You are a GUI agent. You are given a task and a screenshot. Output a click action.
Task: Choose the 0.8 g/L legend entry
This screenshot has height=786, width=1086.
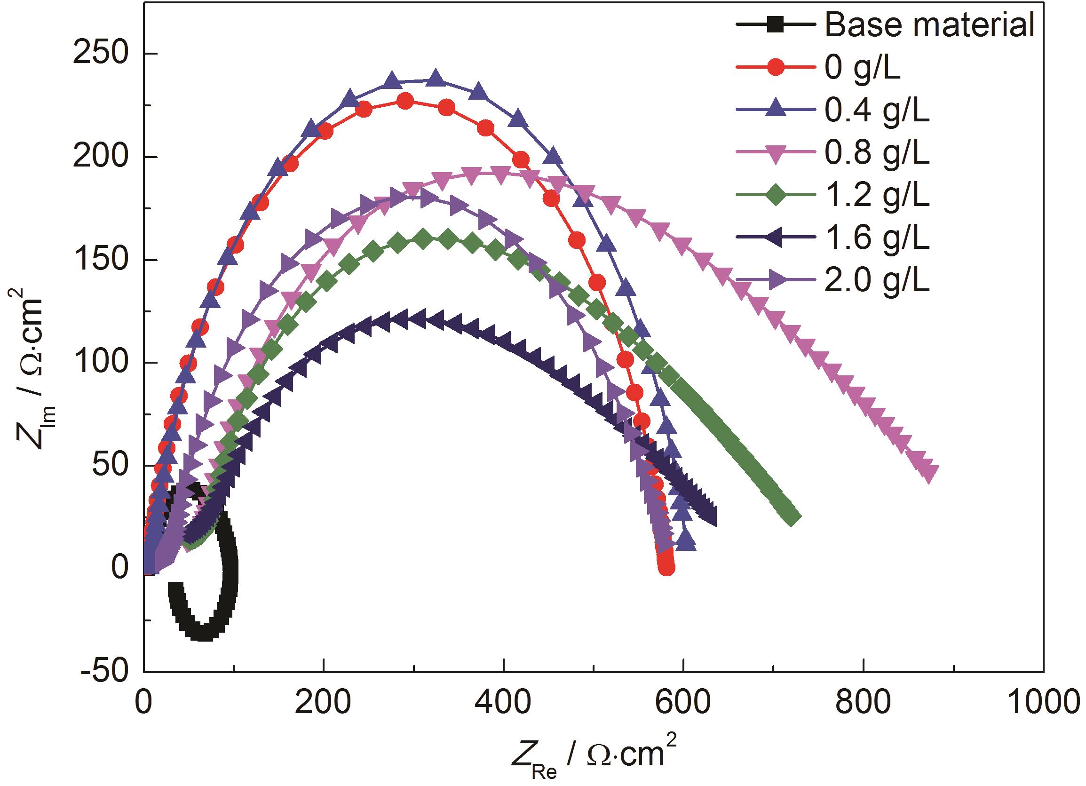[x=876, y=154]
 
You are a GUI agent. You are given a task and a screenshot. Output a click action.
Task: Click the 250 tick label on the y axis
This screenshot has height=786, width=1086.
[x=101, y=54]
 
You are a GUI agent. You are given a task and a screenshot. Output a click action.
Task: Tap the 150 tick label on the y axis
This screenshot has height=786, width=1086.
[x=101, y=260]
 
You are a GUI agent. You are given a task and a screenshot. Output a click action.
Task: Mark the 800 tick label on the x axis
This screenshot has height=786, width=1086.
[x=864, y=703]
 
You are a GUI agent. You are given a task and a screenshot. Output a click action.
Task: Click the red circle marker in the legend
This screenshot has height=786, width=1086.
[x=776, y=68]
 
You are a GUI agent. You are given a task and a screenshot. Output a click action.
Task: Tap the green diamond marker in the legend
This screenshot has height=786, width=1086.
[x=776, y=196]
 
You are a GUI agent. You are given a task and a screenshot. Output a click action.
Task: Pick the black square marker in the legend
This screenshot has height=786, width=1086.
[x=776, y=25]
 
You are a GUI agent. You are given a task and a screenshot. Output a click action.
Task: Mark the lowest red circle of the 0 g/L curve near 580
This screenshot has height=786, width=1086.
[x=666, y=568]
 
